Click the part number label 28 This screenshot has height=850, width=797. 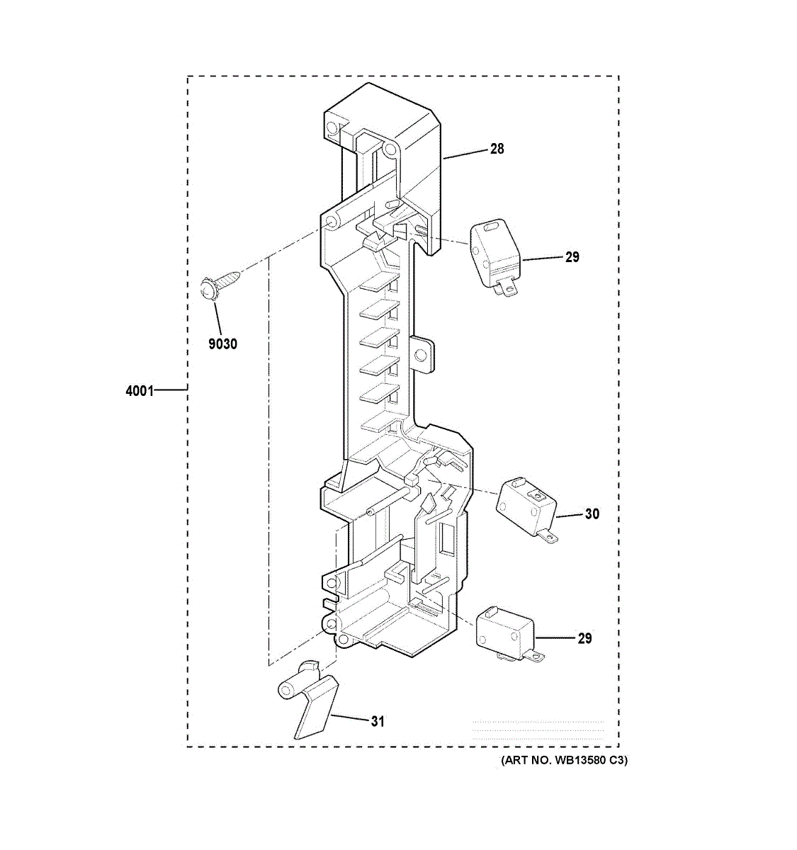click(497, 149)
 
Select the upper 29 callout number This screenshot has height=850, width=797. click(572, 257)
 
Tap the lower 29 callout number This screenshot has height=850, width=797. click(584, 639)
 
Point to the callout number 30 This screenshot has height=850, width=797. click(592, 514)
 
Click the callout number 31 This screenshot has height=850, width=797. click(378, 722)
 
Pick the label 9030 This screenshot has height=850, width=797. click(222, 344)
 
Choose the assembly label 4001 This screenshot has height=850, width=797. click(140, 390)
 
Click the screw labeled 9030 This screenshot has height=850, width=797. click(217, 287)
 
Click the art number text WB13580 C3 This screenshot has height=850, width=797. click(564, 761)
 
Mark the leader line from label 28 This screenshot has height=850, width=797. click(465, 153)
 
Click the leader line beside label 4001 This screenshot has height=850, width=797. click(171, 390)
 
